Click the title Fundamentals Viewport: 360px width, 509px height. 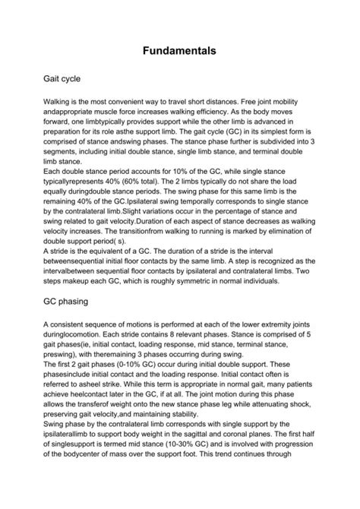point(180,52)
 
